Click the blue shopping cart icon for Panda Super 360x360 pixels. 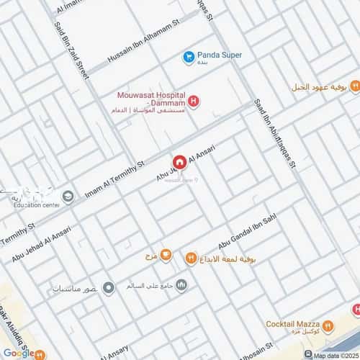[188, 55]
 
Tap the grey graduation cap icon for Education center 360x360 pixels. [67, 196]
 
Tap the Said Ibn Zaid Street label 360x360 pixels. [71, 47]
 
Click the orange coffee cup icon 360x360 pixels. [166, 255]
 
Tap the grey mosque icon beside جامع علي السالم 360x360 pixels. [181, 284]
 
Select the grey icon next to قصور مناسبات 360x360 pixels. [109, 288]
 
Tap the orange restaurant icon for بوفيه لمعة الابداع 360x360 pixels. [191, 256]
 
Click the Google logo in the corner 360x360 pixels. [19, 352]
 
